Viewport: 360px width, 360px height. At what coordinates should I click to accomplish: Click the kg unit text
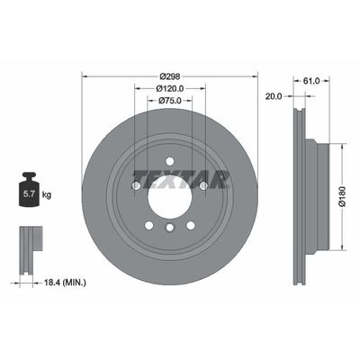(x=47, y=193)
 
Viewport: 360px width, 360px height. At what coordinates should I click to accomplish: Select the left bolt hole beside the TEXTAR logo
(x=135, y=185)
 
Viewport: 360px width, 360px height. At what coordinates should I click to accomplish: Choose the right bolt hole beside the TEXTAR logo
(x=203, y=185)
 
